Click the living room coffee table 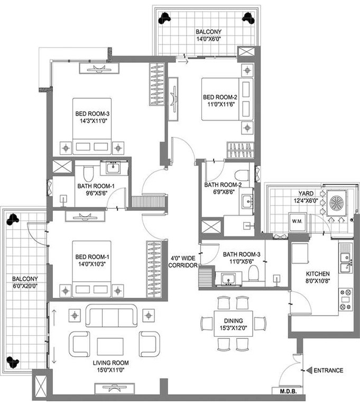point(110,346)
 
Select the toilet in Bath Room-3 point(254,273)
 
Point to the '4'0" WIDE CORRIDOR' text point(182,262)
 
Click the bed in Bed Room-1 point(92,270)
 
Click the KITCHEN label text point(318,274)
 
